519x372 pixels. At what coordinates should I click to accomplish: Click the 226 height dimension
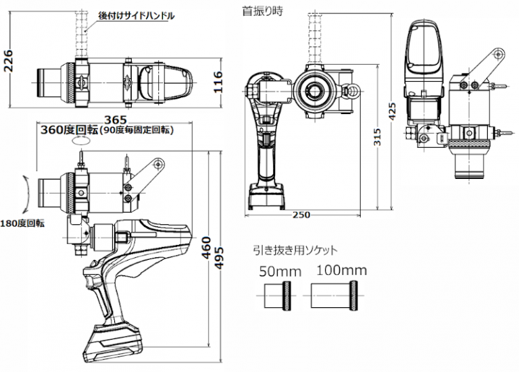(8, 64)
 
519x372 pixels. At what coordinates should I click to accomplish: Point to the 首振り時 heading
(259, 11)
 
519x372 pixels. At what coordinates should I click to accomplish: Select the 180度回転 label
(22, 223)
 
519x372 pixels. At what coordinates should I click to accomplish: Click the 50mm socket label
(277, 272)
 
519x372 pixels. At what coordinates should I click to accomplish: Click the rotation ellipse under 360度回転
(80, 142)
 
